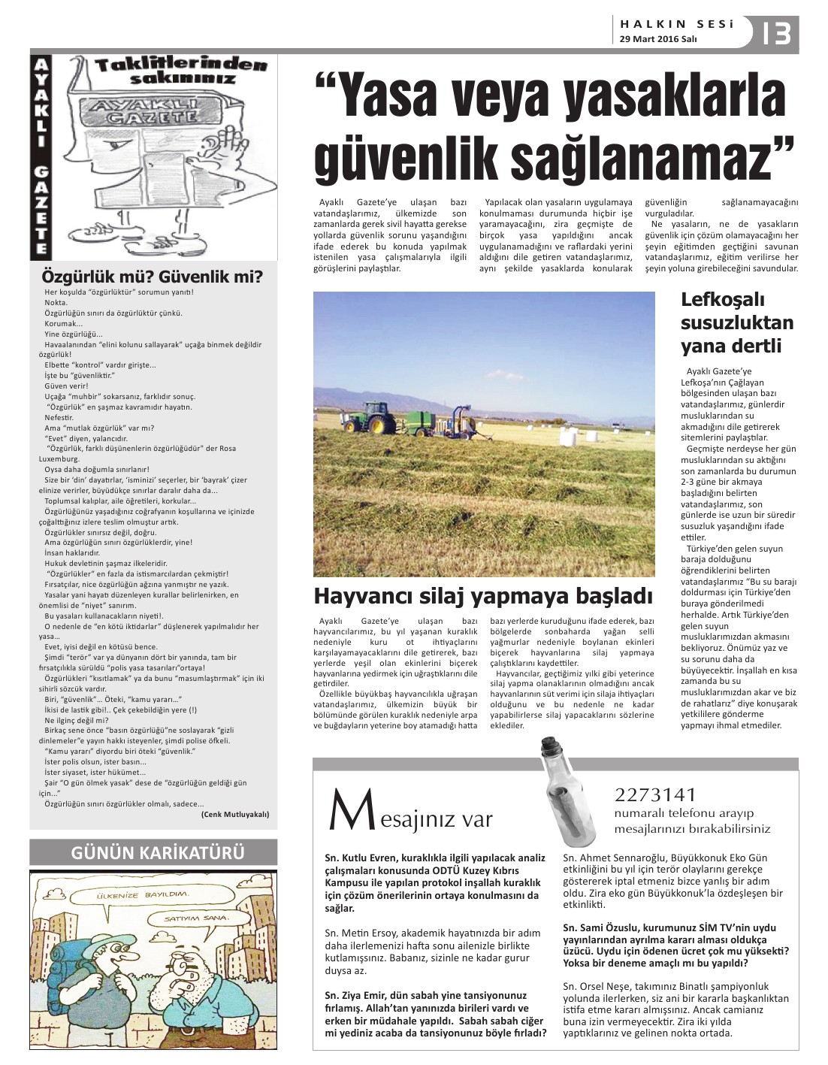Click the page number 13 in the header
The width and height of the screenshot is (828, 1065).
[776, 33]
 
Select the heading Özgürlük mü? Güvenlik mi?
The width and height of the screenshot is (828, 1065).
[153, 277]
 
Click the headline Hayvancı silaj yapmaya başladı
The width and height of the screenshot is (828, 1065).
[483, 596]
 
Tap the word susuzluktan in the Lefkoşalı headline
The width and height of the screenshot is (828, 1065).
[736, 323]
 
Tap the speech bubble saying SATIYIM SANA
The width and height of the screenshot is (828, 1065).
[198, 919]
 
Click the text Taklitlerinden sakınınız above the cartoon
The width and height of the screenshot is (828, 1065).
[181, 71]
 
